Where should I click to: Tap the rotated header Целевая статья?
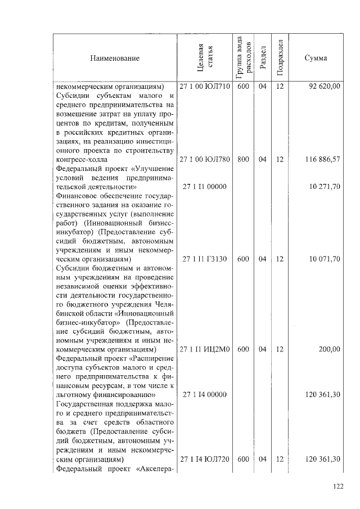(x=205, y=58)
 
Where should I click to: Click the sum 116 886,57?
(x=322, y=160)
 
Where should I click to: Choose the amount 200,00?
(x=329, y=349)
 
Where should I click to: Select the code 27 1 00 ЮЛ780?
(x=205, y=160)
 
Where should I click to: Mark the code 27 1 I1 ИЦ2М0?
(x=205, y=349)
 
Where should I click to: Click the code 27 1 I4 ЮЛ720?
(x=205, y=459)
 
